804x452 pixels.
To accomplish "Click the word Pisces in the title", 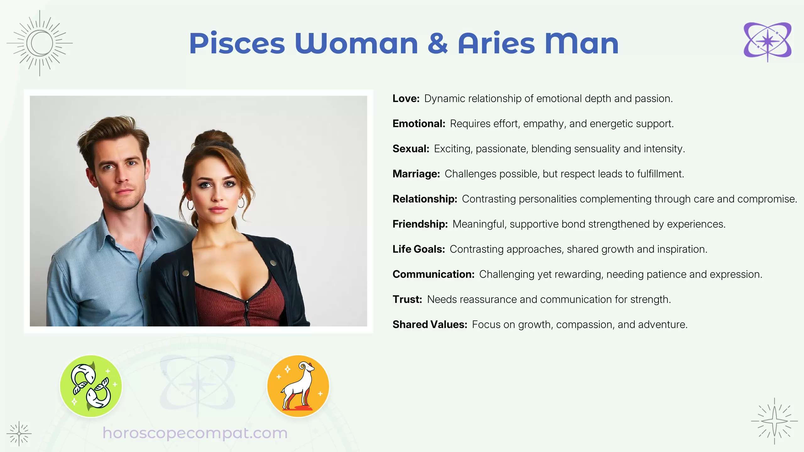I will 237,44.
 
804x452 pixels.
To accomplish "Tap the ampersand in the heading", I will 437,44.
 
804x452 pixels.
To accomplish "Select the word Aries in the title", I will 496,44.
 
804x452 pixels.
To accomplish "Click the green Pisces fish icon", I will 91,386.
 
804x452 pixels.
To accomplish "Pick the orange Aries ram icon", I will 298,386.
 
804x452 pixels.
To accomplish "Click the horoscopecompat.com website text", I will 195,433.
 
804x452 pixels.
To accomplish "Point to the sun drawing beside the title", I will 40,43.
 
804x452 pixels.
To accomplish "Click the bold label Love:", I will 406,99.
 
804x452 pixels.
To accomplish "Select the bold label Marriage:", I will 416,174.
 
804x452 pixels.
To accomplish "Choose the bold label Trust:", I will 407,299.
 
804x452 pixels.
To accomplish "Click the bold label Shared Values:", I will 430,325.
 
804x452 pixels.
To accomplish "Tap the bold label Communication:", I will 433,274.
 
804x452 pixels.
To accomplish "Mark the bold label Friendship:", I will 420,224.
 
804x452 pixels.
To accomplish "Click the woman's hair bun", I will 214,138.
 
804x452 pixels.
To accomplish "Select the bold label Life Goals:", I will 419,249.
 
